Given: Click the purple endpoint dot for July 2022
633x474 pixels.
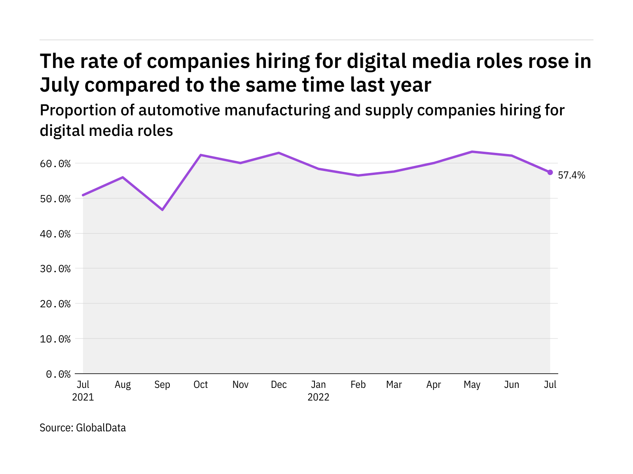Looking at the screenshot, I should point(550,172).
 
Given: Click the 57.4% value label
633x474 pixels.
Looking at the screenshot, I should point(571,175).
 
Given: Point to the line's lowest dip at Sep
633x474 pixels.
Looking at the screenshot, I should point(162,209).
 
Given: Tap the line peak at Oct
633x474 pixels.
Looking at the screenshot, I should point(201,155).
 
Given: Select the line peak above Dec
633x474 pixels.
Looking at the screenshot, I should point(279,153).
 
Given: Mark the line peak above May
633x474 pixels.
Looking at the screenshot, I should point(472,152).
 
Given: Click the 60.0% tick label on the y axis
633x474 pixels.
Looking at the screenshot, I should point(55,164).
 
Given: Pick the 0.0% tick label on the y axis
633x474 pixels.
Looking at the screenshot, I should point(58,374).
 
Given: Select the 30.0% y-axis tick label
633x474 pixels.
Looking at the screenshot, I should point(55,269).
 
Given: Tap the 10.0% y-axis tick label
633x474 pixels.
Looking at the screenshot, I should point(55,339).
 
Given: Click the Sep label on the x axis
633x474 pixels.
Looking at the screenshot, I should point(162,385).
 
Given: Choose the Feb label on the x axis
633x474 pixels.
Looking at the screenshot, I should point(358,385).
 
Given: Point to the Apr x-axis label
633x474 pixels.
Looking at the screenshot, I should point(434,385).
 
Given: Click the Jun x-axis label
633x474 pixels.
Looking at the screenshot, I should point(512,385).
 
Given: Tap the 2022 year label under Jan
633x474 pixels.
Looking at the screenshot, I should point(318,397).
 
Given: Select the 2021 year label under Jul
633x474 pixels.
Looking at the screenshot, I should point(83,397).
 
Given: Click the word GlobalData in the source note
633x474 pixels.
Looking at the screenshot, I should point(101,428).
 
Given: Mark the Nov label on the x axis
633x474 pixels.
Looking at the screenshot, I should point(241,385).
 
